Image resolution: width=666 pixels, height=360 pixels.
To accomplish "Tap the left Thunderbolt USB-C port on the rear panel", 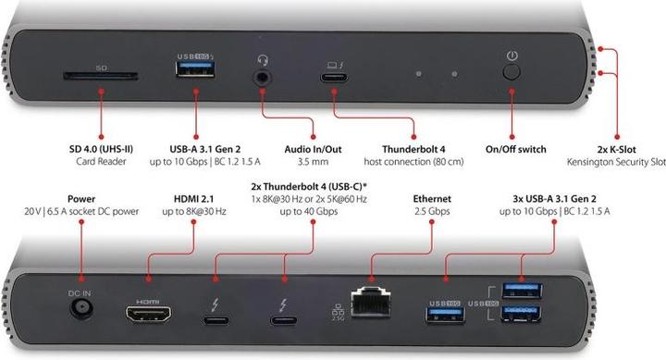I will pyautogui.click(x=216, y=320).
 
